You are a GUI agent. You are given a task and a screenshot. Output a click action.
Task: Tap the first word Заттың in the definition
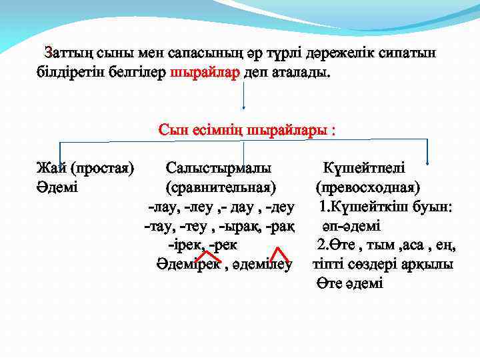pyautogui.click(x=67, y=53)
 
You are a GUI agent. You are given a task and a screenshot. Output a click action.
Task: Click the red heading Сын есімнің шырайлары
pyautogui.click(x=247, y=129)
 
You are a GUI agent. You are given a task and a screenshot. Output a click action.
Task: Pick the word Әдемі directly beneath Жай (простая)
pyautogui.click(x=57, y=187)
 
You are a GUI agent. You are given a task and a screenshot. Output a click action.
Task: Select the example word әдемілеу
pyautogui.click(x=263, y=265)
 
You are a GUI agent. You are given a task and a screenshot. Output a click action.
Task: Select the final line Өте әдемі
pyautogui.click(x=350, y=284)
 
